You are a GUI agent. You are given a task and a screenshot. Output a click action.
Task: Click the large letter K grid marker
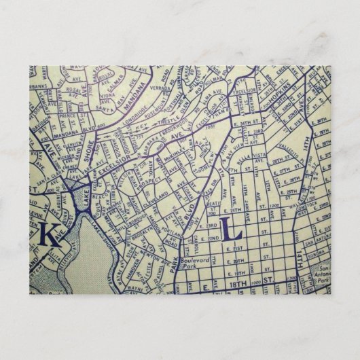tap(48, 236)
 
